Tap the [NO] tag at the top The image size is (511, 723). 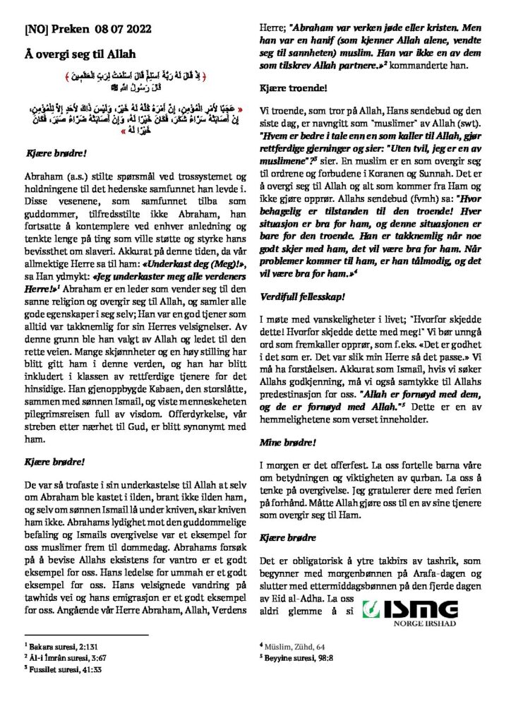36,30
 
